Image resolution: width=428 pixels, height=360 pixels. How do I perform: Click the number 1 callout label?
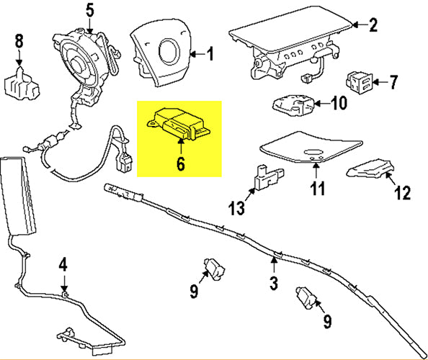tap(210, 53)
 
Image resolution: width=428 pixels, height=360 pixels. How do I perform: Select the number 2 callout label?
tap(373, 26)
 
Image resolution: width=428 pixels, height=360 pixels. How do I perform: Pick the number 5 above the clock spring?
tap(89, 10)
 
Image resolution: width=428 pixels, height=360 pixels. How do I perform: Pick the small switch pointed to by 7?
tap(360, 81)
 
